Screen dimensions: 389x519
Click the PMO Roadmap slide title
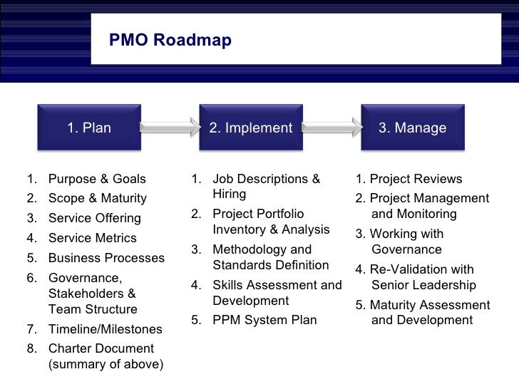(170, 41)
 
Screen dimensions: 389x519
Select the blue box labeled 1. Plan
(89, 128)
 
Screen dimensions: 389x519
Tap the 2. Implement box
(251, 128)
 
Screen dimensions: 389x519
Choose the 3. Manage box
(412, 128)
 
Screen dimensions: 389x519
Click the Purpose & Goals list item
(97, 179)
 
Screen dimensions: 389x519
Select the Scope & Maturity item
(97, 199)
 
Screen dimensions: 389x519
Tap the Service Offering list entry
(94, 219)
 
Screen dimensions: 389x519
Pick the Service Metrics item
(92, 239)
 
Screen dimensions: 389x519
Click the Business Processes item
(106, 258)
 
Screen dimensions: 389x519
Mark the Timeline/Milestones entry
(105, 329)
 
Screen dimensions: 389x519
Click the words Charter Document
(101, 349)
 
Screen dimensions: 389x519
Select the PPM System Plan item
(264, 321)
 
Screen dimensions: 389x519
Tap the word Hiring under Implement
(230, 194)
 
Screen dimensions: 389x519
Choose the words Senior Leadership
(423, 286)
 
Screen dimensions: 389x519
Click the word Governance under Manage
(406, 250)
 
